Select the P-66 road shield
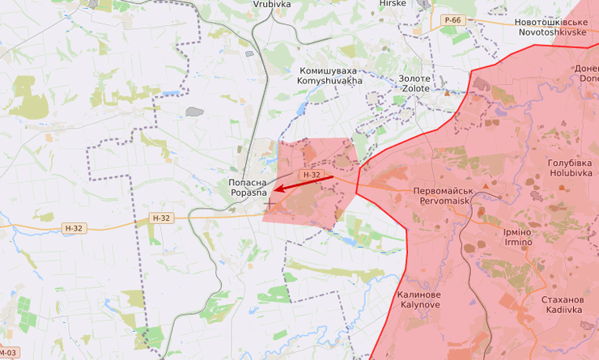(x=452, y=19)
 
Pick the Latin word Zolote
(x=414, y=89)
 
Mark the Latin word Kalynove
(x=420, y=306)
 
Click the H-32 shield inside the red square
(x=311, y=175)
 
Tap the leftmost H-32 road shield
(x=72, y=229)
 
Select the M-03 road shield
(x=8, y=354)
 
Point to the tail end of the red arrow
(x=333, y=177)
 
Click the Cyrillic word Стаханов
(x=562, y=299)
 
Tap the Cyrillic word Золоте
(x=414, y=78)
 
